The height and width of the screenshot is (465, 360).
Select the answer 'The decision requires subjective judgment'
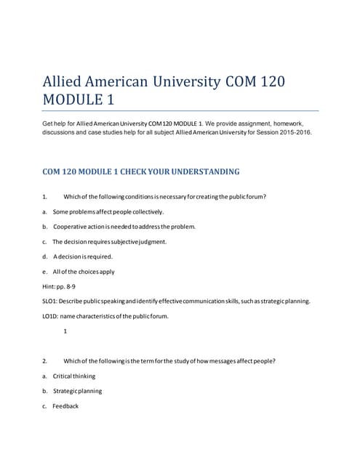click(110, 241)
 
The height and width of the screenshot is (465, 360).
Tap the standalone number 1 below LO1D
click(65, 331)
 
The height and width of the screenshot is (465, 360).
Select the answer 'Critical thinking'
click(73, 376)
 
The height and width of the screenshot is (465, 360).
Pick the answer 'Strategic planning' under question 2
click(77, 391)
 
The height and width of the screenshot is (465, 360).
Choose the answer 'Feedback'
click(65, 406)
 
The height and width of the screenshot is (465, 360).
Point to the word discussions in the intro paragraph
click(63, 132)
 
